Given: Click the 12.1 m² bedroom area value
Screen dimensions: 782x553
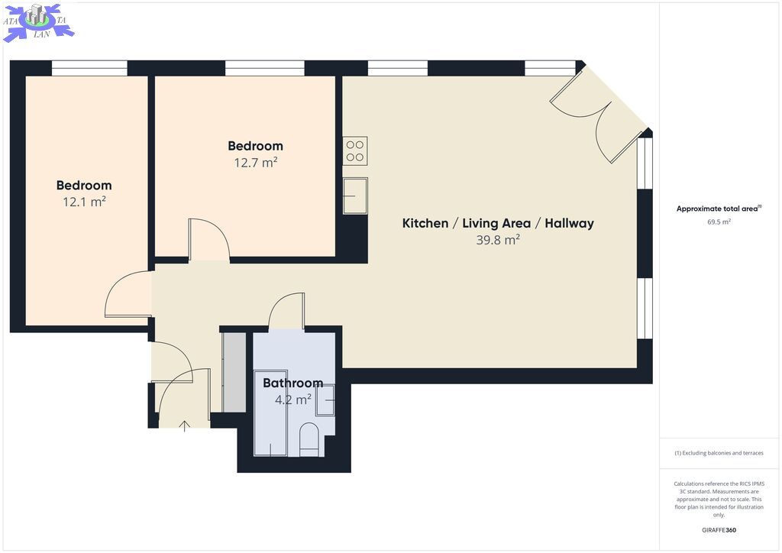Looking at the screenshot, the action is click(x=84, y=202).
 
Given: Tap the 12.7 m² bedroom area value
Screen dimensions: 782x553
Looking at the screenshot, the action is click(x=255, y=162).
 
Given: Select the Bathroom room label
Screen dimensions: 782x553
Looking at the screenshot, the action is click(x=292, y=383).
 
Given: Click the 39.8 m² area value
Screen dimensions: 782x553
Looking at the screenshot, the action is click(x=498, y=240).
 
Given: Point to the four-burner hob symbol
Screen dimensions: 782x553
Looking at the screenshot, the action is click(x=355, y=151).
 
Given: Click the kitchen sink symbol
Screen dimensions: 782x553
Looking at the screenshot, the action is click(x=355, y=196).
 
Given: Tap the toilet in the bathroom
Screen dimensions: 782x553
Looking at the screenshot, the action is click(x=309, y=438).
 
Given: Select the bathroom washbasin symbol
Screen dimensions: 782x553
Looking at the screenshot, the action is click(x=325, y=400).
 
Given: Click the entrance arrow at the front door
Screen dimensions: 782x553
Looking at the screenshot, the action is click(x=185, y=426).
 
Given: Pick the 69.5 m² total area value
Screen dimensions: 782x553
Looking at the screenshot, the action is click(x=719, y=222).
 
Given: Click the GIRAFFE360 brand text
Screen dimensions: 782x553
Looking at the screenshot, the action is click(x=719, y=530).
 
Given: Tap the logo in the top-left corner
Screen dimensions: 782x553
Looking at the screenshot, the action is click(x=38, y=22).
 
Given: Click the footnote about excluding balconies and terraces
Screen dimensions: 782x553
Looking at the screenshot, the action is click(x=719, y=453).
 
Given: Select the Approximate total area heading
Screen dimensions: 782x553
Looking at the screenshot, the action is click(x=718, y=209).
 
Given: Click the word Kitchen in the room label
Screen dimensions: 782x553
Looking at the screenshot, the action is click(x=425, y=223).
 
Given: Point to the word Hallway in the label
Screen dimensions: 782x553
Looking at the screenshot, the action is click(x=569, y=223).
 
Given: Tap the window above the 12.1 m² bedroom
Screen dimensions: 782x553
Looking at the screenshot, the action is click(x=89, y=68).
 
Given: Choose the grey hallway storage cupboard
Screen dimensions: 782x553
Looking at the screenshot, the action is click(x=234, y=372).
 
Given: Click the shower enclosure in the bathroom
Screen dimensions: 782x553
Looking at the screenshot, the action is click(x=270, y=413).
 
